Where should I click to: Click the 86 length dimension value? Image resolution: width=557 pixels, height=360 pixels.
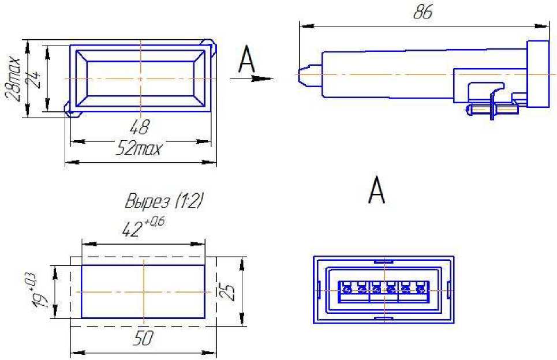[x=423, y=12]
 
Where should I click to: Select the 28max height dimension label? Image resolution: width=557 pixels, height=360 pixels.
[x=13, y=78]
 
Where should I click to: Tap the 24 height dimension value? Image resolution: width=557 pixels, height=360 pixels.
[x=34, y=79]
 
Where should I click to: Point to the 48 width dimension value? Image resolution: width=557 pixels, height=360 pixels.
[x=140, y=127]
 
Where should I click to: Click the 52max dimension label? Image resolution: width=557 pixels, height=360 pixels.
[x=139, y=149]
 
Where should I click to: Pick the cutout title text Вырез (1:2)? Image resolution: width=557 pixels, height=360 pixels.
[x=164, y=201]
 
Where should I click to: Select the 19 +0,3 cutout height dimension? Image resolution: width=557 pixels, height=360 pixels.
[x=38, y=290]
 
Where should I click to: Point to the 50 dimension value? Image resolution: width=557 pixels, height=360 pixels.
[x=143, y=338]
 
